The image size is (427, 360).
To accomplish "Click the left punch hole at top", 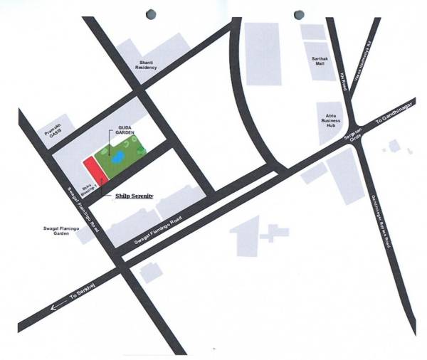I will click(x=150, y=14).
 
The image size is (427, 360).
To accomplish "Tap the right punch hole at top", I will click(x=299, y=14).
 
